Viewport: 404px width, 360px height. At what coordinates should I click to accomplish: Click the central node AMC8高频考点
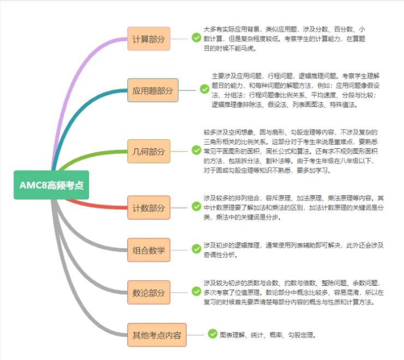[51, 184]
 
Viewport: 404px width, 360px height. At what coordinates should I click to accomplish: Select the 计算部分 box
[148, 39]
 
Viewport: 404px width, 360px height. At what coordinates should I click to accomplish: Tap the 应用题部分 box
[152, 90]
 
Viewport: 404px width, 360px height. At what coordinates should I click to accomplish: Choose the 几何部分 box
[148, 151]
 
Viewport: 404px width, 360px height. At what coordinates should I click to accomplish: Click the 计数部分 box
[148, 208]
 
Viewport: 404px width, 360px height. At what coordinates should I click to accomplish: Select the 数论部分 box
[148, 292]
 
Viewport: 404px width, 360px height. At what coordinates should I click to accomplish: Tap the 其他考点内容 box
[156, 334]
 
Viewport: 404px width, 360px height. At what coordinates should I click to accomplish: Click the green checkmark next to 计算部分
[196, 38]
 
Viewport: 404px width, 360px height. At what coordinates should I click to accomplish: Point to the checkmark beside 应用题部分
[204, 89]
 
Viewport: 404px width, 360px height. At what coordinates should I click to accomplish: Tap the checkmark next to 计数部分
[196, 206]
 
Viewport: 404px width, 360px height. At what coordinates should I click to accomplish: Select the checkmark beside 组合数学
[196, 249]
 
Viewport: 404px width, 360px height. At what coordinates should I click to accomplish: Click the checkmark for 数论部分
[196, 291]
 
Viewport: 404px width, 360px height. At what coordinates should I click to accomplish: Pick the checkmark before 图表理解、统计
[212, 333]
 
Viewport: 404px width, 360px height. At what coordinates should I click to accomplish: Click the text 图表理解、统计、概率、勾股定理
[268, 334]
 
